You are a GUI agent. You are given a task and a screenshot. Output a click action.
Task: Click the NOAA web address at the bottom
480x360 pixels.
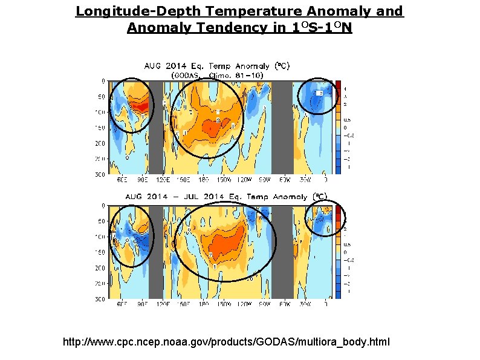coord(227,342)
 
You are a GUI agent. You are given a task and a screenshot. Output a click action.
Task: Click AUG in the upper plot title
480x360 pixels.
coord(151,66)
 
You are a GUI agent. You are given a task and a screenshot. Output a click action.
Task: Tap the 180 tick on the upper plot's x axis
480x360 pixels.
coord(204,180)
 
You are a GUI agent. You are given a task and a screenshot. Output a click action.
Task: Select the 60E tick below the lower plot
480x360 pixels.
coord(122,304)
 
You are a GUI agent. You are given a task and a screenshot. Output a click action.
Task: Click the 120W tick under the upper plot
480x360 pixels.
coord(243,180)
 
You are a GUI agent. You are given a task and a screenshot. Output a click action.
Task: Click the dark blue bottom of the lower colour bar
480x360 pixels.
coord(339,294)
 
